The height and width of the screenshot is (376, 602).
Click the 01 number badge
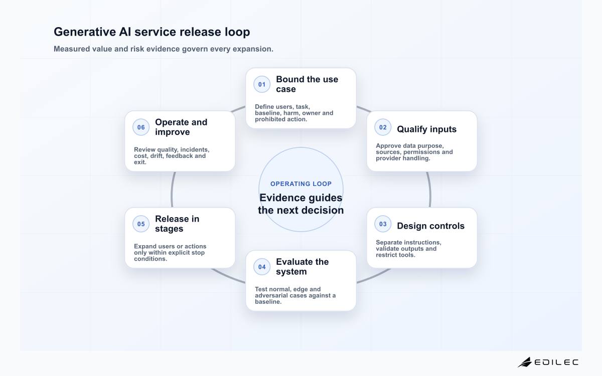(x=262, y=84)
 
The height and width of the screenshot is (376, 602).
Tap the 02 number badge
(x=383, y=127)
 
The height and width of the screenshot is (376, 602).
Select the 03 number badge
(x=383, y=224)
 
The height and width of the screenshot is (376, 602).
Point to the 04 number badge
(x=262, y=267)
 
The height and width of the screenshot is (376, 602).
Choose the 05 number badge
(x=141, y=224)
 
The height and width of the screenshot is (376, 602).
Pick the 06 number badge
(x=141, y=127)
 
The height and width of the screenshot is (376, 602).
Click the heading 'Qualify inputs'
(x=426, y=129)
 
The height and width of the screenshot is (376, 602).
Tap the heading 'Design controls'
(x=430, y=226)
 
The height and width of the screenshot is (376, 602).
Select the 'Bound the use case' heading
(x=307, y=84)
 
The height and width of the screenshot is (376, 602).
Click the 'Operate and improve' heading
(x=181, y=127)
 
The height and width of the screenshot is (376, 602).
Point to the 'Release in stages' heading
(x=177, y=224)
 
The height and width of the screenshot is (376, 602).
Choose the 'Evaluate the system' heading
(x=303, y=267)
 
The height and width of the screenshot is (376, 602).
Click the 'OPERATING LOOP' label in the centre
(x=301, y=184)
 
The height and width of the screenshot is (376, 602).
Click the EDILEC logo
(x=548, y=362)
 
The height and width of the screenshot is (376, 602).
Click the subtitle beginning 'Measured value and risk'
(x=164, y=49)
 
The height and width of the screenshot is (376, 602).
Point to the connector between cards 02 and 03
(x=430, y=190)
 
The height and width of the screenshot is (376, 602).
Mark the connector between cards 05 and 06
(x=172, y=190)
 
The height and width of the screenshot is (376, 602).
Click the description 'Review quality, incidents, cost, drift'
(x=172, y=156)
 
